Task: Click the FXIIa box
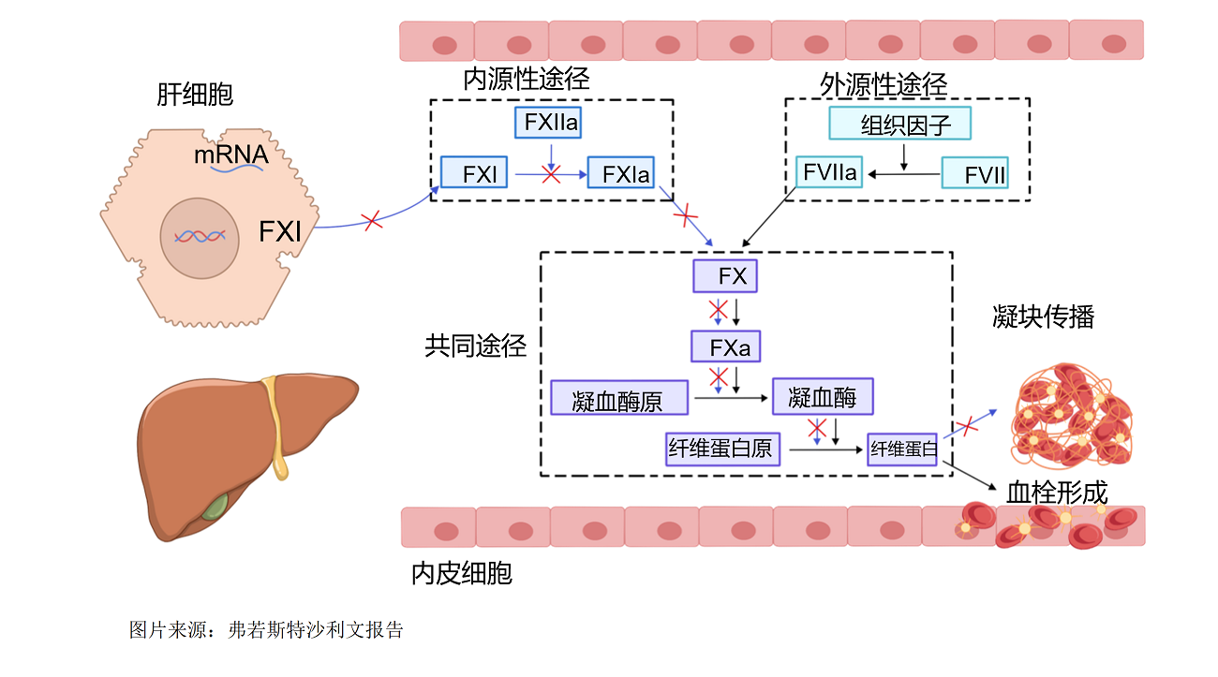(x=548, y=123)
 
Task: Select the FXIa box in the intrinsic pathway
(x=621, y=173)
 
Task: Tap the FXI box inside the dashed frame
(x=474, y=172)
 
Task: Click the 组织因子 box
(x=899, y=124)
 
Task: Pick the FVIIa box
(x=829, y=172)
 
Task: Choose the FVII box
(x=975, y=173)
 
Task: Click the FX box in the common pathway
(x=725, y=276)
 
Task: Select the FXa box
(x=726, y=346)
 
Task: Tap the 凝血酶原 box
(x=619, y=398)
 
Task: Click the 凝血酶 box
(x=824, y=397)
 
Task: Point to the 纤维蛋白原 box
(x=723, y=449)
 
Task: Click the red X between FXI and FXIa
(x=551, y=174)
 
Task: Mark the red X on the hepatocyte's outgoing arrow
(x=373, y=221)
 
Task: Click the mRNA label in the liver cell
(x=231, y=155)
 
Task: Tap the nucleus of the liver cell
(x=200, y=238)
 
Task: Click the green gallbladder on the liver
(x=215, y=507)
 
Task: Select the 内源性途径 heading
(x=527, y=80)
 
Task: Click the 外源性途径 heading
(x=884, y=85)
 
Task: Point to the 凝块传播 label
(x=1044, y=316)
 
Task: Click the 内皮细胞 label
(x=462, y=574)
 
